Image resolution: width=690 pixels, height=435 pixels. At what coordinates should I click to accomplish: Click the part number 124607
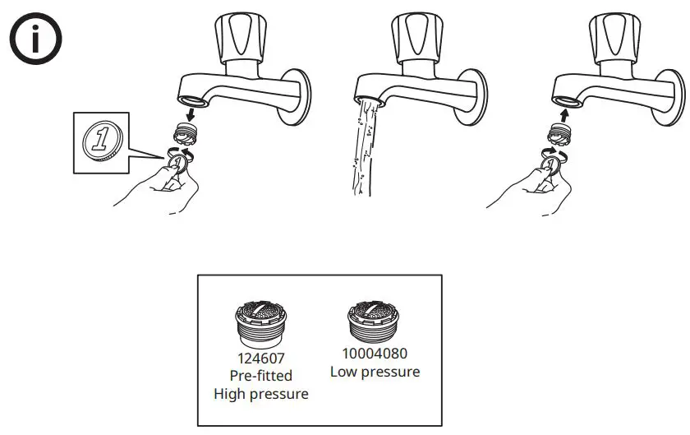click(260, 359)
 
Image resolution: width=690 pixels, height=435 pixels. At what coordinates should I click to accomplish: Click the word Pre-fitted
click(260, 377)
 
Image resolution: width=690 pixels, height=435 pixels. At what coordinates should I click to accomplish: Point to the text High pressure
click(260, 395)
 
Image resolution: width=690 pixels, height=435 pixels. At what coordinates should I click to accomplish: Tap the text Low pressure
click(375, 372)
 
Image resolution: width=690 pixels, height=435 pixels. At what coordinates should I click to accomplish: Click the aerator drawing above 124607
click(260, 323)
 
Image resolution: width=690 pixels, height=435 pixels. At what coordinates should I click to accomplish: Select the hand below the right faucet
click(526, 185)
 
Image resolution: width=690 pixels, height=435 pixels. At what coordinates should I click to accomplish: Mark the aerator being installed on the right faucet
click(561, 132)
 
